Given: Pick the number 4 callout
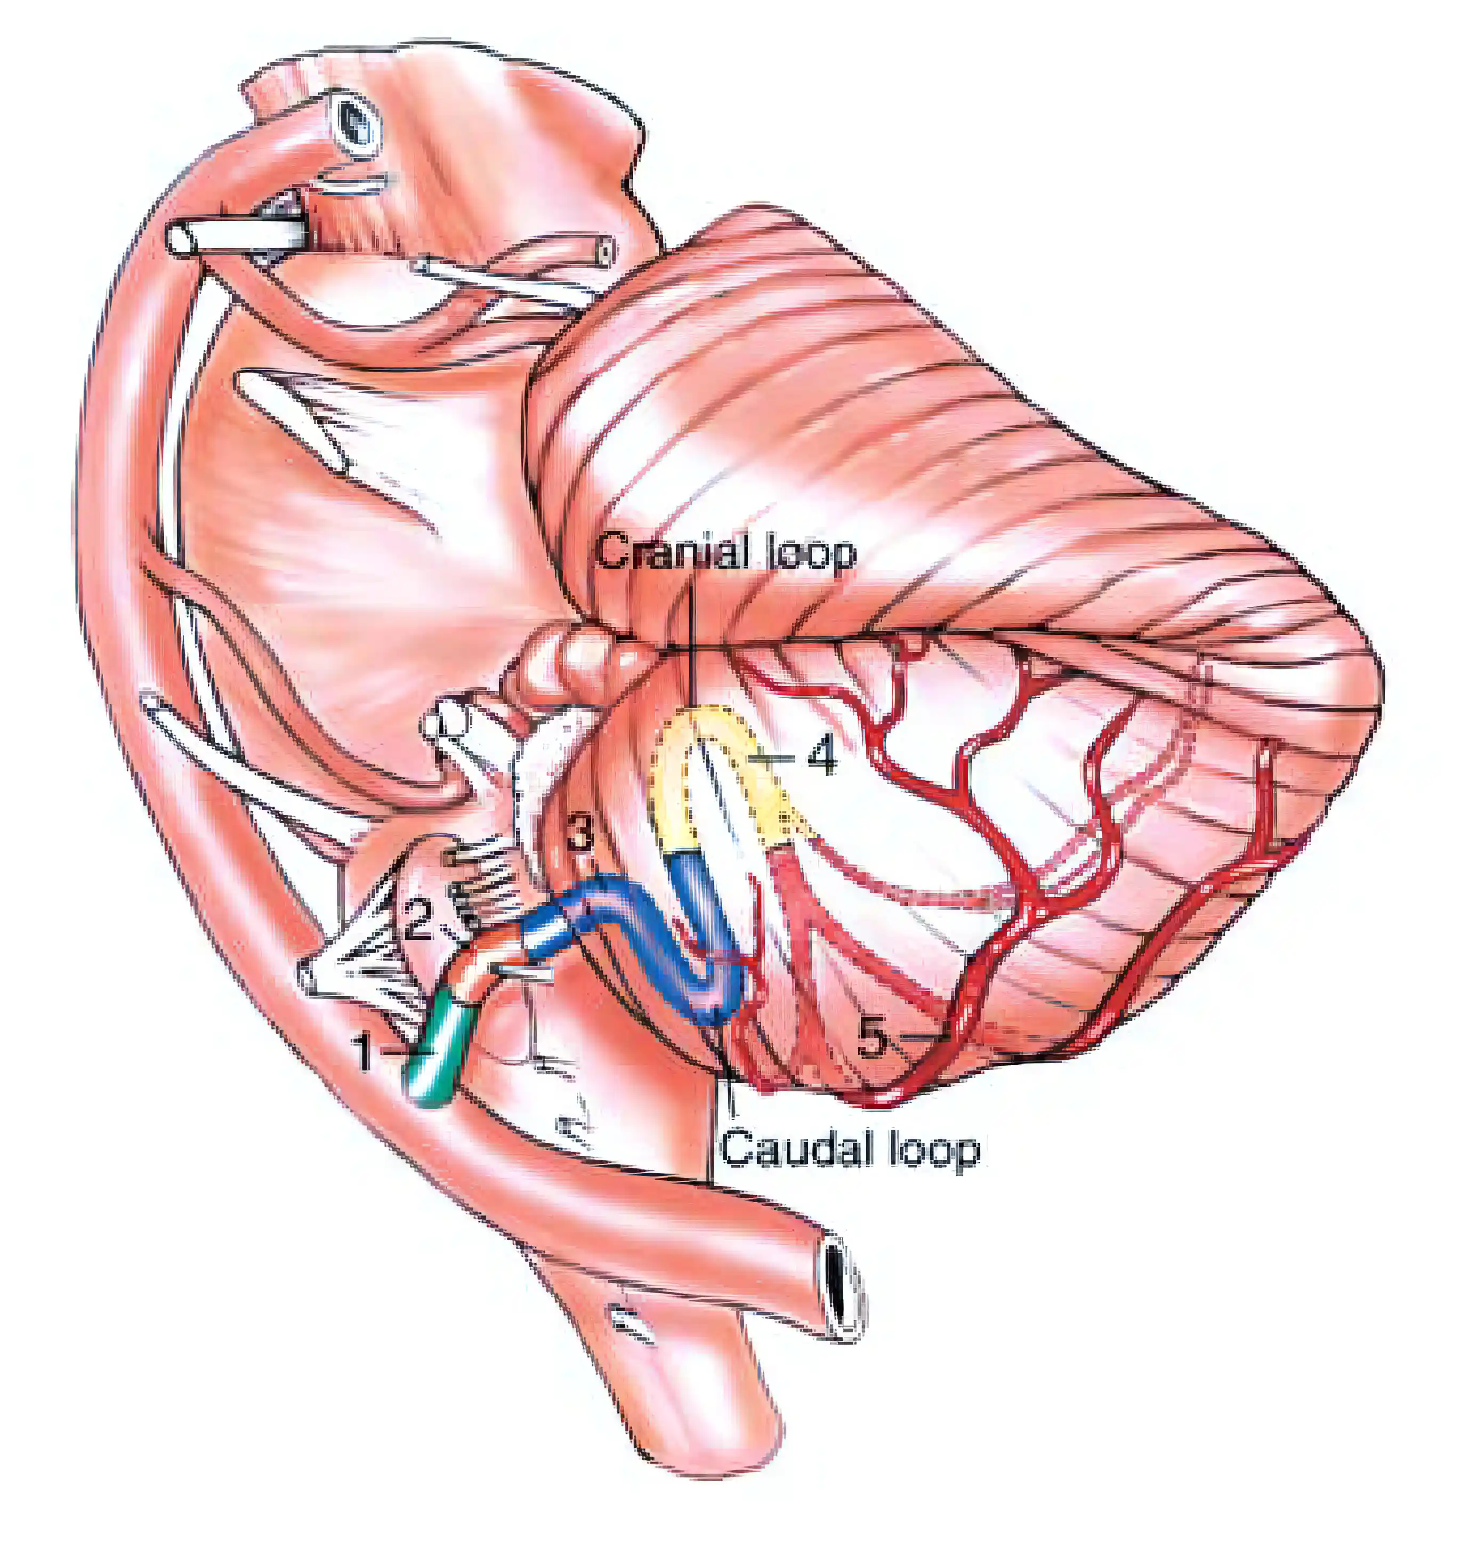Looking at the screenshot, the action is pos(821,757).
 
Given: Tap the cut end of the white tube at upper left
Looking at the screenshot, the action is pos(182,239).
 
